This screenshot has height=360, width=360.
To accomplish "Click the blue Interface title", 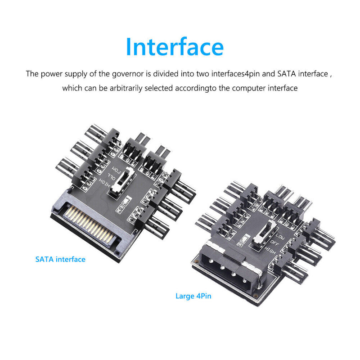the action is (x=175, y=47).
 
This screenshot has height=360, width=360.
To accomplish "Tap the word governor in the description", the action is (x=128, y=74).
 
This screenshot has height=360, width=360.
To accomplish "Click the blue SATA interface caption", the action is (x=60, y=259).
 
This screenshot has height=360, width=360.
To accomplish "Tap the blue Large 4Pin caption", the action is (x=193, y=296).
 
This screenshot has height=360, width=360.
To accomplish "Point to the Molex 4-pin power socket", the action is (x=231, y=271).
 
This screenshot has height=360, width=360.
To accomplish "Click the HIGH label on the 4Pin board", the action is (x=270, y=250).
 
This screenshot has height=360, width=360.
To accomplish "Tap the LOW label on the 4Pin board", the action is (x=280, y=236).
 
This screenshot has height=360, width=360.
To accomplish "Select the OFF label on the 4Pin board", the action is (x=274, y=243).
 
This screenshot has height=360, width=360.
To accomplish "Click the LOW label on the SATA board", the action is (x=116, y=171).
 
